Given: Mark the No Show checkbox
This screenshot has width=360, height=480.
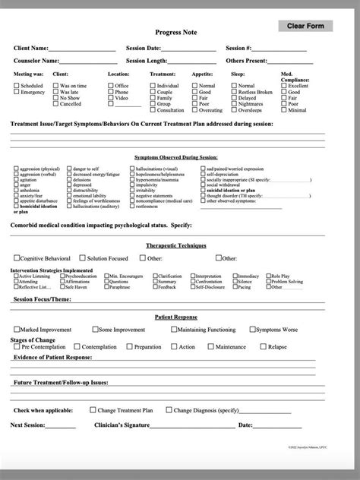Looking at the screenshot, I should tap(54, 98).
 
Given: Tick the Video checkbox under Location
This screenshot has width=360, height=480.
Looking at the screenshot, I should tap(111, 98).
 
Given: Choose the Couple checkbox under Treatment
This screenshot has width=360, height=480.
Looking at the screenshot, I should tap(153, 93).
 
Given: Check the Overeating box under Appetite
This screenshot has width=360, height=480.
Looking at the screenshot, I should tap(194, 110).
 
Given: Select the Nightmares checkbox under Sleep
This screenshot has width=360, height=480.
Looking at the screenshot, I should tap(233, 104).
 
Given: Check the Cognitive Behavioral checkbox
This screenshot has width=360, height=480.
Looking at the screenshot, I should tap(17, 258).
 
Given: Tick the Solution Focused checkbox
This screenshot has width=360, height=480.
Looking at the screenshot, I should tap(82, 258).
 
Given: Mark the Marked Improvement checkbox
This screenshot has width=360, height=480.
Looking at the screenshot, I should tap(17, 330).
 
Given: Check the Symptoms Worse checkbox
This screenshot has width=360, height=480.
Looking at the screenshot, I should tap(253, 330).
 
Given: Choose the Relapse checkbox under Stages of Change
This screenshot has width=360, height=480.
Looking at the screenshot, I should tap(263, 346).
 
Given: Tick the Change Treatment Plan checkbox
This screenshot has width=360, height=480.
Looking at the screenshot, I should tap(92, 409).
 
